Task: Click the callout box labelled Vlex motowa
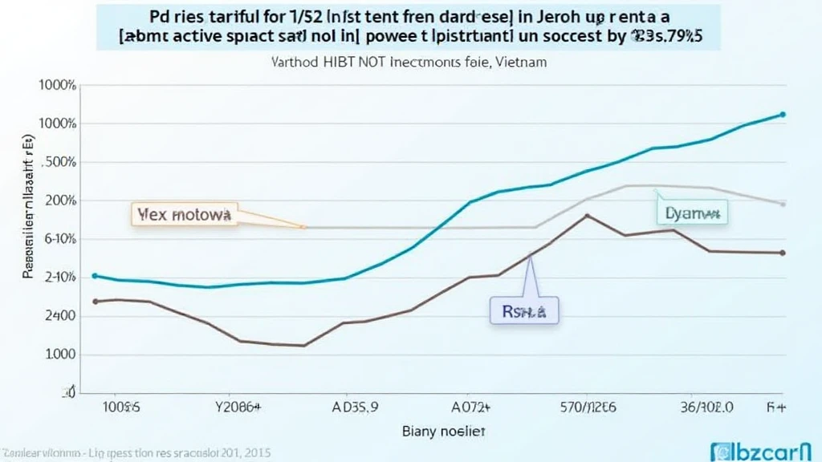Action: point(184,215)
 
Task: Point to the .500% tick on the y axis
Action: point(58,162)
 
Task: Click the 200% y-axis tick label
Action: point(59,201)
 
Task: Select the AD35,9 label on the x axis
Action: point(356,407)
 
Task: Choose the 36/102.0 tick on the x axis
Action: point(706,407)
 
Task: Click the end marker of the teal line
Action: point(783,115)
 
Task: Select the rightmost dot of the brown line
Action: point(783,253)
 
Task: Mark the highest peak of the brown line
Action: point(588,216)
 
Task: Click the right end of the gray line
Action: point(783,204)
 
